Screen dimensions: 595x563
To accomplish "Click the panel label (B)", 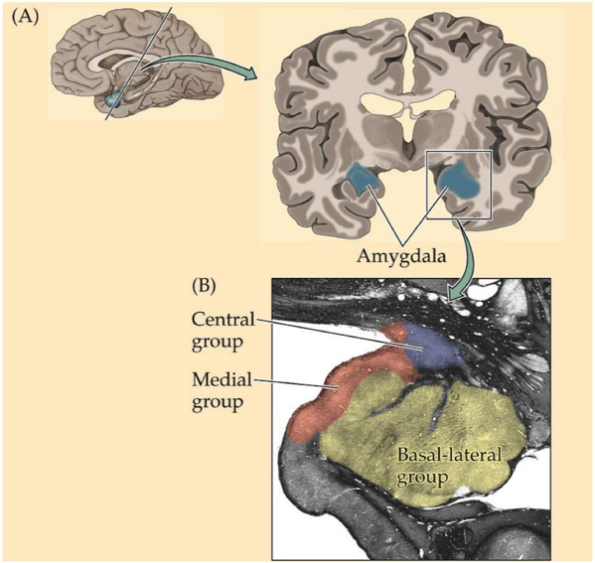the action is tap(204, 286).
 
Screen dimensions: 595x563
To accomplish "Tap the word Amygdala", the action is tap(401, 258).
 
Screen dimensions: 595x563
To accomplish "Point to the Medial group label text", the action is tap(222, 391).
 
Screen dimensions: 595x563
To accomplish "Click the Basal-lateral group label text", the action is tap(449, 466).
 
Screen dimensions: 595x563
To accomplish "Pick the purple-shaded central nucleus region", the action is tap(432, 349).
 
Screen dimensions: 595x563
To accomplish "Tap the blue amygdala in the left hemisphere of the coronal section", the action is tap(364, 177).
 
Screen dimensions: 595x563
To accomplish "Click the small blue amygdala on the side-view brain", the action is tap(112, 100).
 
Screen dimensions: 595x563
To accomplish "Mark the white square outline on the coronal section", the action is tap(427, 185).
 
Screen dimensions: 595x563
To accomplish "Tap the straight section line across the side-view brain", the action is tap(139, 64).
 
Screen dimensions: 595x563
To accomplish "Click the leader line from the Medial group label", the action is tap(294, 383).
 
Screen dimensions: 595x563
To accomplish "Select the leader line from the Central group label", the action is tap(340, 334).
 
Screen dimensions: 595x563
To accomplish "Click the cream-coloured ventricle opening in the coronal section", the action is tap(407, 101).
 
